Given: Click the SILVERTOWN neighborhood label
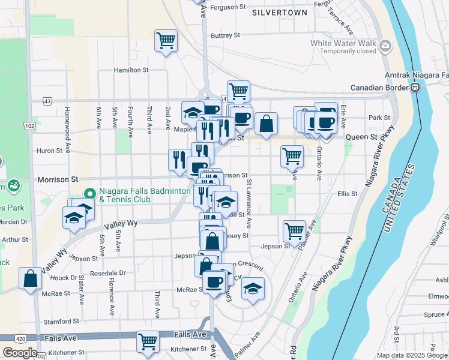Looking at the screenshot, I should [279, 13].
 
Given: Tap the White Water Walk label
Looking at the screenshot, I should [343, 43].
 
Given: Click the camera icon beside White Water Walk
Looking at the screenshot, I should [385, 44].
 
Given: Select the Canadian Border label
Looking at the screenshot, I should [378, 88].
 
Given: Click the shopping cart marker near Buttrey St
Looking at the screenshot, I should [166, 41].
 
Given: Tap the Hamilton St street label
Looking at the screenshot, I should [131, 70].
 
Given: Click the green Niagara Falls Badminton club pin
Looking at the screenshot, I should [89, 193].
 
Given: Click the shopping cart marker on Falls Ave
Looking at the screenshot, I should [148, 341].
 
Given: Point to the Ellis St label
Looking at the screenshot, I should [347, 194].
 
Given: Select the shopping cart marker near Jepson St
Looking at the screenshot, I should [294, 230].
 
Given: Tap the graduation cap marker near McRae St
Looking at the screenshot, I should [253, 289].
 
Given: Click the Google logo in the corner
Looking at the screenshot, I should [20, 353].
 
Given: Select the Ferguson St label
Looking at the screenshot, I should [230, 7].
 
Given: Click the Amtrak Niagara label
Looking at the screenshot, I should [417, 76].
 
